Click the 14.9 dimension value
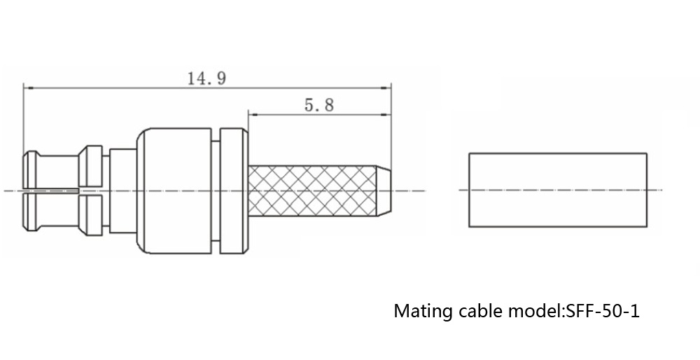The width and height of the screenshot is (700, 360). pyautogui.click(x=206, y=78)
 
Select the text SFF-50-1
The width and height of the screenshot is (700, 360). pyautogui.click(x=603, y=310)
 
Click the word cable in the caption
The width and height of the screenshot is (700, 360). pyautogui.click(x=478, y=310)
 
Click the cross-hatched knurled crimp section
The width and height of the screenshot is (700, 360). pyautogui.click(x=308, y=191)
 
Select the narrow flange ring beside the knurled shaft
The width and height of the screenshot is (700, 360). pyautogui.click(x=232, y=190)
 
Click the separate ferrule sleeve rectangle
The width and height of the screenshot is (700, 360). pyautogui.click(x=558, y=189)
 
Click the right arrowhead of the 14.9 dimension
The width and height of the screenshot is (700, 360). pyautogui.click(x=386, y=88)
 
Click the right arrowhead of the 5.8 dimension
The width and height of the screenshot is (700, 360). pyautogui.click(x=386, y=114)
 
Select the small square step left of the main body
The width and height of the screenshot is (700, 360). pyautogui.click(x=121, y=190)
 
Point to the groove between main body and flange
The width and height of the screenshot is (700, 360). pyautogui.click(x=215, y=190)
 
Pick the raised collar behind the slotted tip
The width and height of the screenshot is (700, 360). pyautogui.click(x=91, y=190)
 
